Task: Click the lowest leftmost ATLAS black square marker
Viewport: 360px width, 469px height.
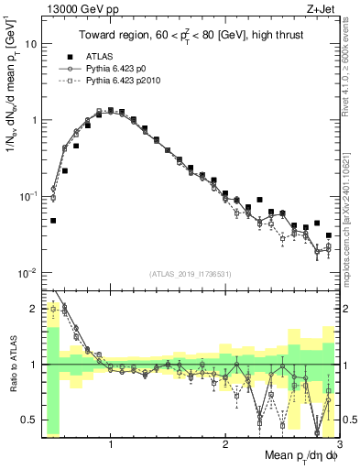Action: pyautogui.click(x=53, y=221)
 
